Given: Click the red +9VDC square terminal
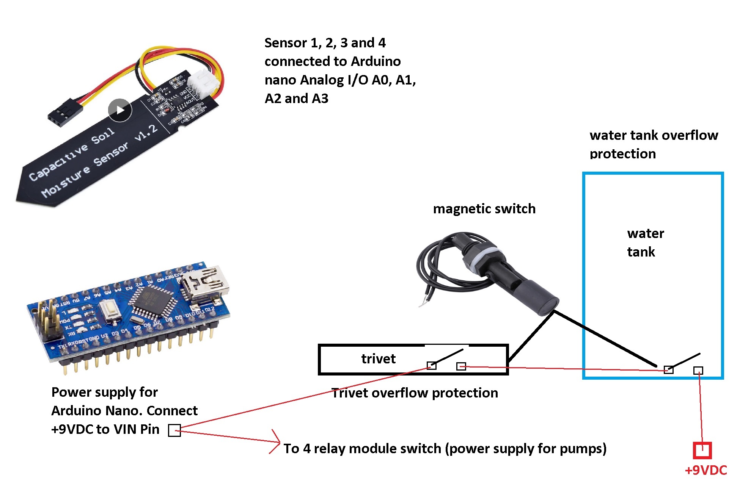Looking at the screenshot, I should [702, 451].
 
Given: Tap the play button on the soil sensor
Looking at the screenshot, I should [120, 110].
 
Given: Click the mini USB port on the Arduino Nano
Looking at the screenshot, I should [205, 283].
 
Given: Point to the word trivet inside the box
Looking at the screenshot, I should [378, 359].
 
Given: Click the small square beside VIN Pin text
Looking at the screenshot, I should [174, 430].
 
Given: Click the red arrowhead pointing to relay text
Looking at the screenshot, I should [277, 441].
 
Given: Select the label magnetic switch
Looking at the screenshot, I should [484, 209].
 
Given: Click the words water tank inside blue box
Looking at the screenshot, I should [645, 242].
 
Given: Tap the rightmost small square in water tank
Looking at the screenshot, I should [698, 371].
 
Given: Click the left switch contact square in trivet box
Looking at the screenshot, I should [432, 365].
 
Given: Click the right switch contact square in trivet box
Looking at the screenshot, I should [461, 366].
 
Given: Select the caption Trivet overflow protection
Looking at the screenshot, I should [414, 393].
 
